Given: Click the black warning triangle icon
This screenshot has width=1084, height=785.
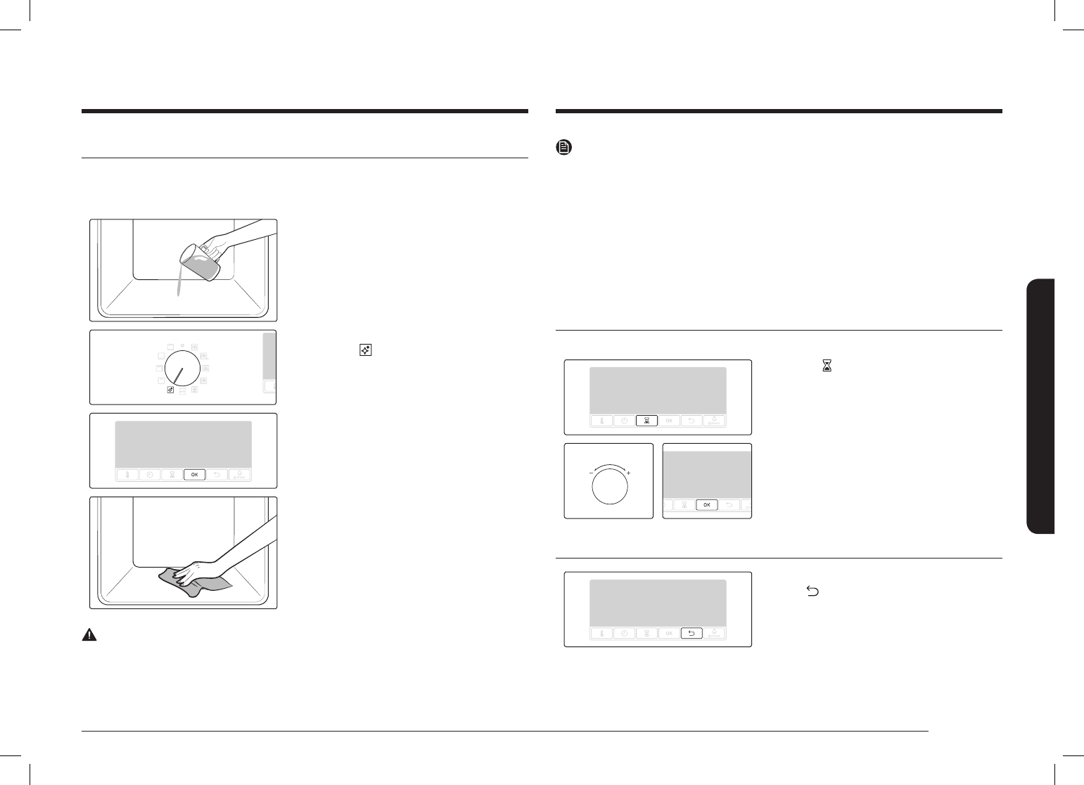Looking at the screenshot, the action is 89,634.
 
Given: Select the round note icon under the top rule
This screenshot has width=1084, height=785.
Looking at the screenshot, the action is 563,148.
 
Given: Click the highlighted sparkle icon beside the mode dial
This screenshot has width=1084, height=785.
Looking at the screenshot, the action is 170,389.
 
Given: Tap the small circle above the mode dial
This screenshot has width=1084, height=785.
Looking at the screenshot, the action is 183,345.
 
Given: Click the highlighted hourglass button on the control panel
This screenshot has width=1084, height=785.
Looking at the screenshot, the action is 646,421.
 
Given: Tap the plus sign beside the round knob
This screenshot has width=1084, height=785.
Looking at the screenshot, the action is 628,473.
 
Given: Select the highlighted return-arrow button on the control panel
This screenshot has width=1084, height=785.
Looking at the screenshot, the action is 691,633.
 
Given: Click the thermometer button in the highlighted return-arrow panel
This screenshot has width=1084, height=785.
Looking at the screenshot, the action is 601,633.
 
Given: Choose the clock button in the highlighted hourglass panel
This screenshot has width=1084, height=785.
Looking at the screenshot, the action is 624,421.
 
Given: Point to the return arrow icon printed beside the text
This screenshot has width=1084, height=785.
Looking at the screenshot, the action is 812,593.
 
